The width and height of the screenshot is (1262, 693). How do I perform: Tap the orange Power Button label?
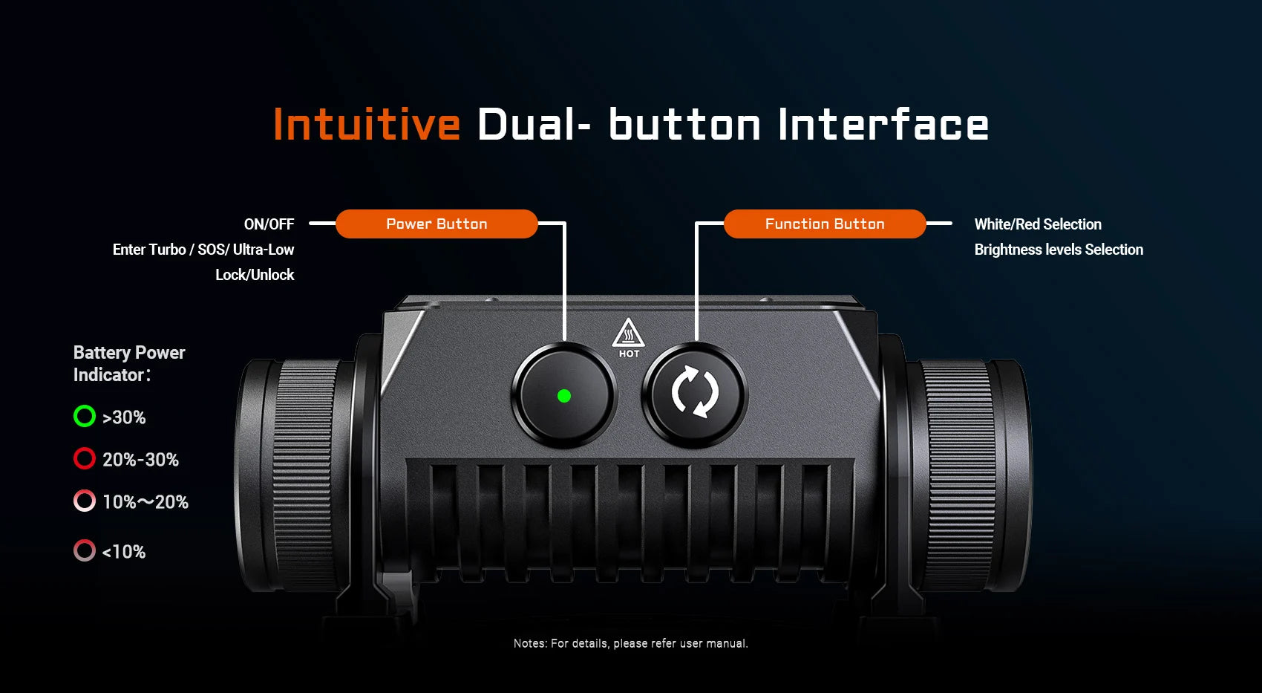point(437,224)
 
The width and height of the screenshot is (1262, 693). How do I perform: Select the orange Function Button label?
point(825,224)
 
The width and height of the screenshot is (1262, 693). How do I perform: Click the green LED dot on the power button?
point(564,396)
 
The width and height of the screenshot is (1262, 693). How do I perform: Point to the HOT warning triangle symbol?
point(628,334)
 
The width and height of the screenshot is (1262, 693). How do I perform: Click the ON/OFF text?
point(269,224)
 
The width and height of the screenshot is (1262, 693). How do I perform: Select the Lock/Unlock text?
point(255,275)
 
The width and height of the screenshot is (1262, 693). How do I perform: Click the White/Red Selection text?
point(1038,224)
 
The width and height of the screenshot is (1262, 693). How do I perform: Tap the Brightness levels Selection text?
point(1059,250)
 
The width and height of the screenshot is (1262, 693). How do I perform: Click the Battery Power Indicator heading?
point(129,364)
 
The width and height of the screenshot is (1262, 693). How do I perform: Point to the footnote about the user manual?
point(630,643)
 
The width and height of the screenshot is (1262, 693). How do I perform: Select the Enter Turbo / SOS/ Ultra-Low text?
point(203,250)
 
